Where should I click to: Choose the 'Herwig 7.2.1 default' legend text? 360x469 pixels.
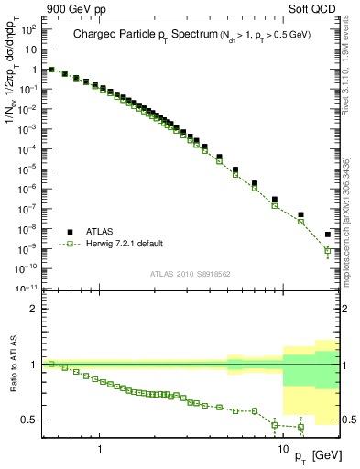(126, 244)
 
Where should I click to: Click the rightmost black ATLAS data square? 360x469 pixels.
(328, 234)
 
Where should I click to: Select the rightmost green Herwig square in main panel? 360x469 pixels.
(328, 250)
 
